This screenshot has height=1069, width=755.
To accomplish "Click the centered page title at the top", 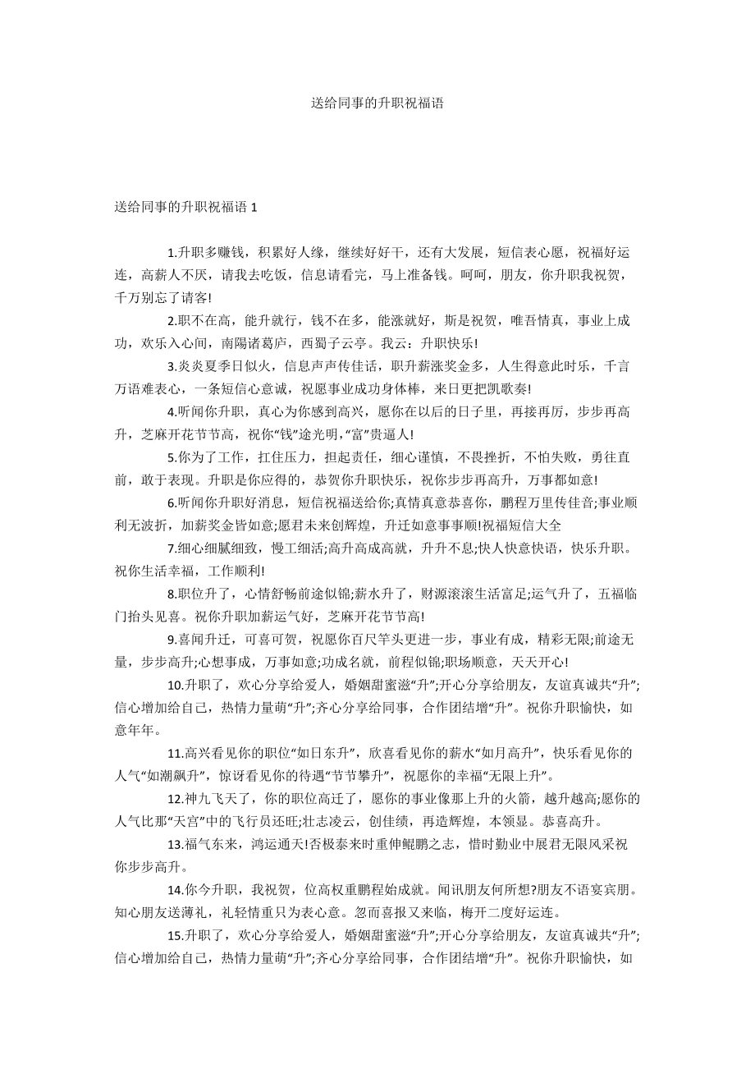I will click(377, 103).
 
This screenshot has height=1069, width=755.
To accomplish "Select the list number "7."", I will click(172, 548).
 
